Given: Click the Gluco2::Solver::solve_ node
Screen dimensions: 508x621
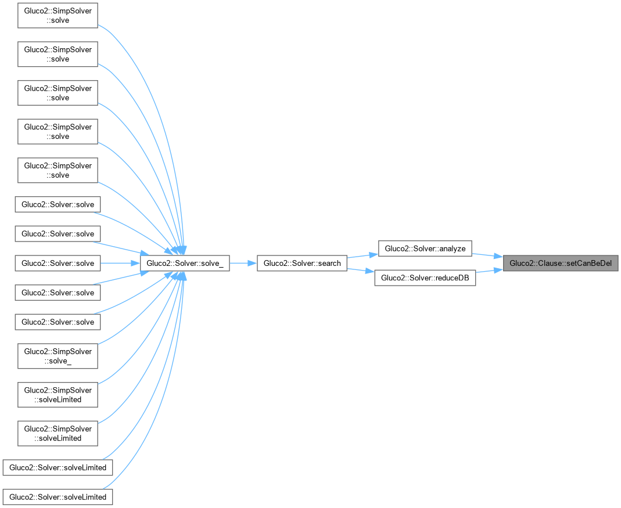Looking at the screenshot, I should (x=185, y=264).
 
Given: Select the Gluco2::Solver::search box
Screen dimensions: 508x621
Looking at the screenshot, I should (x=302, y=264).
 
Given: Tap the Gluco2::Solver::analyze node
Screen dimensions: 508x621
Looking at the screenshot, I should (x=425, y=248).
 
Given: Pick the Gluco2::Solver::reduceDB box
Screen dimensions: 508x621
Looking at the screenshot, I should (x=425, y=278).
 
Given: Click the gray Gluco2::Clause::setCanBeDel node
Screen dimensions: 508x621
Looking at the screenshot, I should (x=561, y=263).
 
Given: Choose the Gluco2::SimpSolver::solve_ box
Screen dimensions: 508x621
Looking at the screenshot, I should (x=58, y=355).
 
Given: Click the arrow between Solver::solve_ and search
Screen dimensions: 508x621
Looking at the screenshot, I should (x=243, y=264).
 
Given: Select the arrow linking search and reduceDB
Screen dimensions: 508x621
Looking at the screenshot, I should (x=360, y=271).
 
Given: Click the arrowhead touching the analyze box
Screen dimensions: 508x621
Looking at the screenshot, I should (x=374, y=254).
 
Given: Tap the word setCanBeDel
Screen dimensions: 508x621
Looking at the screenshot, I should (x=589, y=263).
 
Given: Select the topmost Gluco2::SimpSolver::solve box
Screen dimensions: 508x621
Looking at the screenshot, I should (x=58, y=16).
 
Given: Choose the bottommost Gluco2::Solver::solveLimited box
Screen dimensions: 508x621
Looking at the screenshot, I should (x=58, y=497).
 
